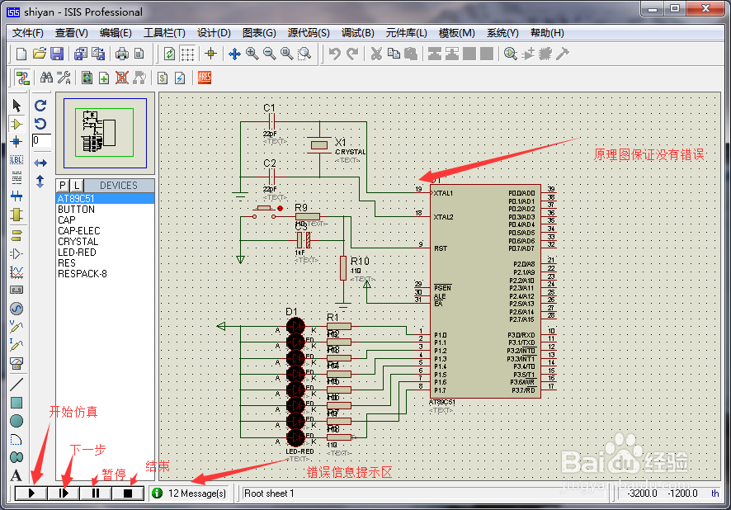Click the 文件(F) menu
click(28, 33)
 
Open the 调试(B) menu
click(357, 33)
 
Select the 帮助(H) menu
click(546, 33)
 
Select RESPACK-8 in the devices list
click(82, 274)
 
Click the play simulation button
click(31, 493)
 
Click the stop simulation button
click(128, 493)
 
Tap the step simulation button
click(64, 493)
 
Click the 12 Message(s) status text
click(196, 493)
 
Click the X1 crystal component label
click(341, 142)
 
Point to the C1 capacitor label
click(269, 108)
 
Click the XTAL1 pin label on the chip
click(443, 193)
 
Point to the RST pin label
click(441, 248)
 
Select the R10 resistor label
click(359, 261)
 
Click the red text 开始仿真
click(73, 412)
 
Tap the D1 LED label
click(291, 311)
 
